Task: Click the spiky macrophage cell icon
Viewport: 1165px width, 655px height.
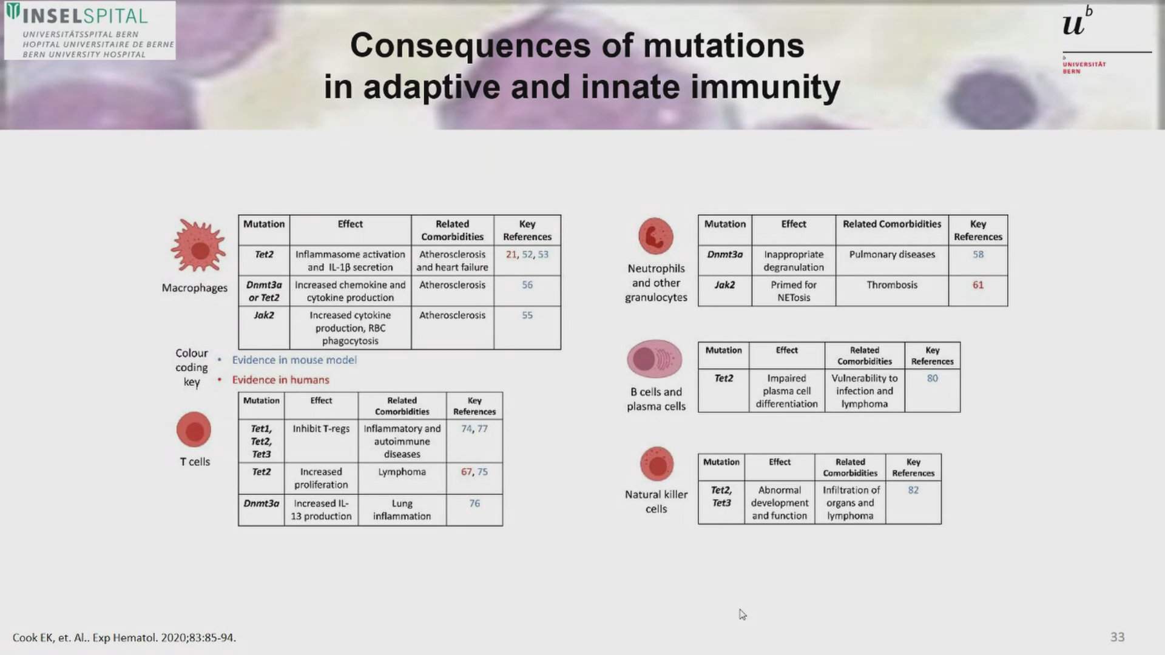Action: pos(198,246)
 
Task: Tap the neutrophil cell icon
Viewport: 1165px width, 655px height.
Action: pos(656,236)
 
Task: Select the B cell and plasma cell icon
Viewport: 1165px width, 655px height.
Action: pos(655,359)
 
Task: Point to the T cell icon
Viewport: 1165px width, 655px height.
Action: pos(194,430)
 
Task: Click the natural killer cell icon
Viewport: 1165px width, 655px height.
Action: pos(657,465)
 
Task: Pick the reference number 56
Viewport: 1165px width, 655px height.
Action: pos(527,285)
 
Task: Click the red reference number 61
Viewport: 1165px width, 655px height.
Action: pos(978,285)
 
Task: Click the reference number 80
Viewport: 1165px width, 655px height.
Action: pos(933,378)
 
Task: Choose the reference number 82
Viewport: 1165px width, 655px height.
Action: pos(913,490)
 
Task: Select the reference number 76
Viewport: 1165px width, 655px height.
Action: pos(474,503)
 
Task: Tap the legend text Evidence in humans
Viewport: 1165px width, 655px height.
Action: pos(280,380)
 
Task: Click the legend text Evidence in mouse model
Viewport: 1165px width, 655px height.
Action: pos(294,360)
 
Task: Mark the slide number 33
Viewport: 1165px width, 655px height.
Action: pos(1118,637)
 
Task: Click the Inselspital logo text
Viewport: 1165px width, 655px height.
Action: pos(85,16)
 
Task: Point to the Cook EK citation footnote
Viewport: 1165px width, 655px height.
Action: pos(124,638)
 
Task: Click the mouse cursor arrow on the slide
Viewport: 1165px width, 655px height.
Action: pos(742,614)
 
